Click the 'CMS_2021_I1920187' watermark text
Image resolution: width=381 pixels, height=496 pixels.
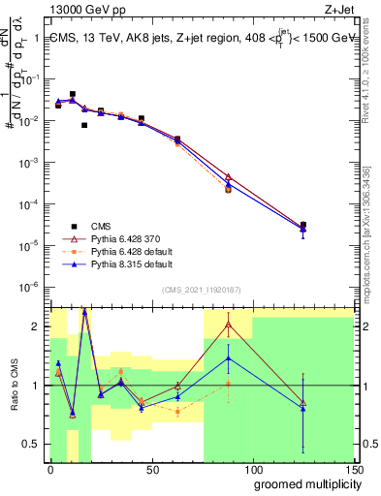pos(201,291)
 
